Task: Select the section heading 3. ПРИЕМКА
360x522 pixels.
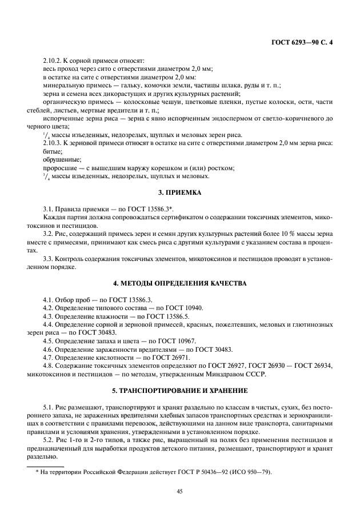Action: tap(180, 193)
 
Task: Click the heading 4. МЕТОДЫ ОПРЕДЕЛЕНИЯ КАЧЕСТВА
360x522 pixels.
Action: tap(180, 283)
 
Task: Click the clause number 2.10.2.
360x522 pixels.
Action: tap(54, 60)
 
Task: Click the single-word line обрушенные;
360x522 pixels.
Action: tap(62, 159)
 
